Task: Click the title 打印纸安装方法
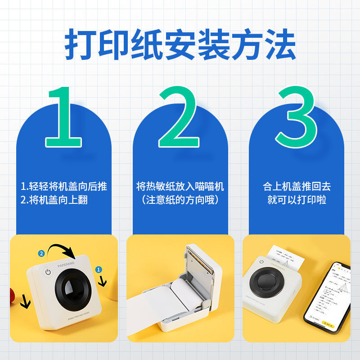tap(180, 45)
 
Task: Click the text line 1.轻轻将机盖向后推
tap(64, 186)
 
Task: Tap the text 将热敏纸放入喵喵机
tap(180, 186)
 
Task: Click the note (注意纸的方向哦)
tap(180, 200)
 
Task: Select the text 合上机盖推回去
tap(297, 186)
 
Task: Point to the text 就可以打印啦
tap(297, 200)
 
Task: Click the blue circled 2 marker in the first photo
tap(41, 253)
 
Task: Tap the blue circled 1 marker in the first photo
tap(99, 269)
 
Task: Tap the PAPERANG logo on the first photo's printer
tap(68, 265)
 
